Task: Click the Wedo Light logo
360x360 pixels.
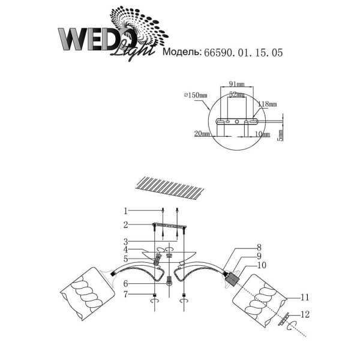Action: (x=113, y=34)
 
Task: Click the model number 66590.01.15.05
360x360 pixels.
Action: (x=243, y=53)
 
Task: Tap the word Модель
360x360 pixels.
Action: (x=182, y=52)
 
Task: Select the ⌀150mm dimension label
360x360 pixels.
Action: (x=196, y=95)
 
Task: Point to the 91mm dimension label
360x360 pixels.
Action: (x=237, y=84)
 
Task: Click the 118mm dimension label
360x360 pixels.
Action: (x=267, y=104)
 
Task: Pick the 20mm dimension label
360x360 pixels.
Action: (x=202, y=133)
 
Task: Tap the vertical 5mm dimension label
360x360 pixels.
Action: (x=281, y=135)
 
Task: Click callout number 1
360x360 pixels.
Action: (x=125, y=211)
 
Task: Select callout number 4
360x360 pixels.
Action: (x=125, y=250)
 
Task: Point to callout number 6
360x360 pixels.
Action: (x=125, y=284)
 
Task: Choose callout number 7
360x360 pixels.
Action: (x=125, y=295)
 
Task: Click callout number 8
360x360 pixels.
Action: (x=259, y=247)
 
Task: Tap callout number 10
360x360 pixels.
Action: (x=262, y=265)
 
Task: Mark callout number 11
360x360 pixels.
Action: (x=305, y=298)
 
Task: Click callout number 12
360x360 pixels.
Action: (x=305, y=314)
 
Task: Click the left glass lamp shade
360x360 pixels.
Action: (x=87, y=294)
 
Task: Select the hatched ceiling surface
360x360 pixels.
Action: (x=169, y=188)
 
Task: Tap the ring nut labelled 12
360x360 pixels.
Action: (x=284, y=319)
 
